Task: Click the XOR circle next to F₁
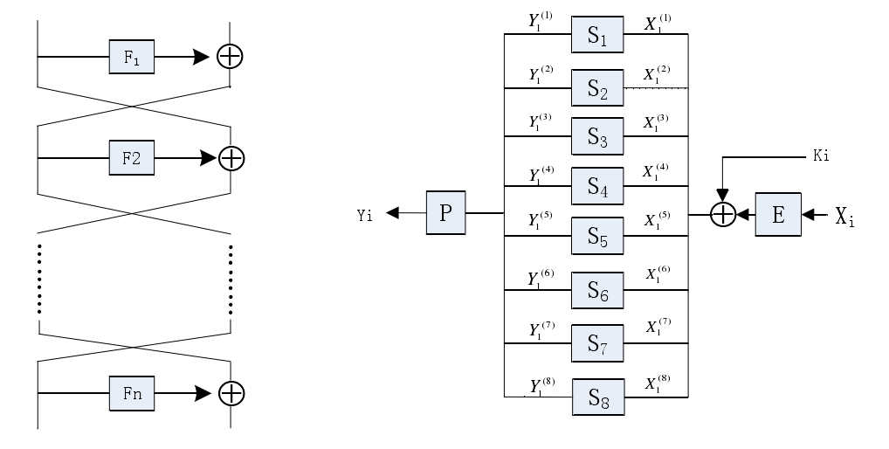[x=230, y=56]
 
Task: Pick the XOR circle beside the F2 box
[x=231, y=158]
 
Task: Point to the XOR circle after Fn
[x=231, y=392]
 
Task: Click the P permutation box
[x=445, y=213]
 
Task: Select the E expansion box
[x=778, y=213]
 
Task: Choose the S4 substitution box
[x=597, y=186]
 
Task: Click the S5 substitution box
[x=597, y=237]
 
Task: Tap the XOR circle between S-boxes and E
[x=722, y=213]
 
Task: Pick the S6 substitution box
[x=597, y=290]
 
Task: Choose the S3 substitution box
[x=597, y=136]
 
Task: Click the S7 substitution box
[x=597, y=343]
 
